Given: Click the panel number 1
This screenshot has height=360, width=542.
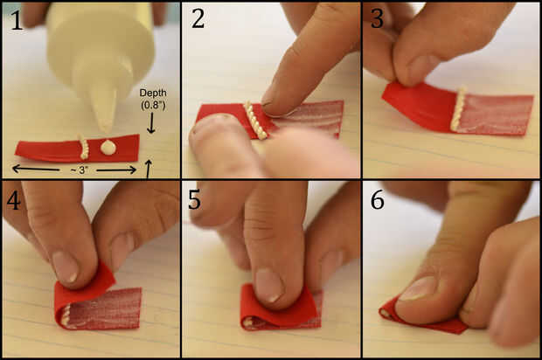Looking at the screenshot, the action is click(x=17, y=20).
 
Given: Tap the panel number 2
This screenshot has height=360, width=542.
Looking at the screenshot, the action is click(x=198, y=19).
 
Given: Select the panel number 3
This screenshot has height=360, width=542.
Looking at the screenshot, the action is click(x=377, y=19).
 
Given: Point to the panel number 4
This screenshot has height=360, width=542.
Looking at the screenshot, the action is click(x=13, y=200).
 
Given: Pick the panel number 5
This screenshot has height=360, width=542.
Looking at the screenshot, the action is click(x=194, y=200).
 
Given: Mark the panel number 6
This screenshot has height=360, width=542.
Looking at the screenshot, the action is click(x=377, y=200).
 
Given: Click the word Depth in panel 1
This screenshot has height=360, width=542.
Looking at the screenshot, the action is click(x=153, y=93).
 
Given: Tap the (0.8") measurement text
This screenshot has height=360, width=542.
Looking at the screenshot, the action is click(x=153, y=105).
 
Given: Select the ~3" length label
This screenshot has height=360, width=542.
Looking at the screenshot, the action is click(x=78, y=170).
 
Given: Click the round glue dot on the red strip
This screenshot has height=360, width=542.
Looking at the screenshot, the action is click(x=108, y=147).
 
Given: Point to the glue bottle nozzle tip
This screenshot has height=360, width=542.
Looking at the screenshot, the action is click(x=106, y=130).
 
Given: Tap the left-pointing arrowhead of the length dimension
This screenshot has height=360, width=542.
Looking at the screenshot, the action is click(x=16, y=169).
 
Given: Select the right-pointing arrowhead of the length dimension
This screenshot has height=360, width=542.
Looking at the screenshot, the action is click(x=132, y=170).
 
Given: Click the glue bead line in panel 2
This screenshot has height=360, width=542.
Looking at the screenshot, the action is click(x=255, y=120).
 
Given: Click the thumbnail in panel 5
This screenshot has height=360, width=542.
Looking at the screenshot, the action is click(x=269, y=285).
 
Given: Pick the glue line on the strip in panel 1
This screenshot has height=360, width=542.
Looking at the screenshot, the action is click(x=84, y=148).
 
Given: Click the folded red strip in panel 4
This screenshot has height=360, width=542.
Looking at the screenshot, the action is click(x=97, y=304).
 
